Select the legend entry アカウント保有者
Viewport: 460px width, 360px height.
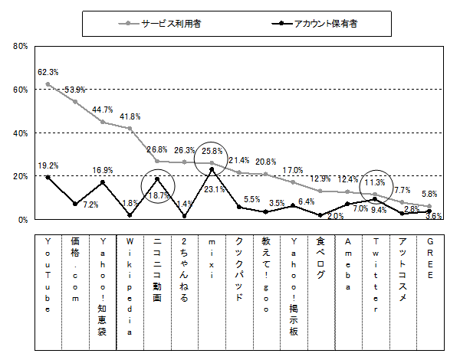(325, 24)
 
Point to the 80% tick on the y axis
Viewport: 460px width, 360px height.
(21, 46)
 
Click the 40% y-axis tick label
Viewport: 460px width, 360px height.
(21, 133)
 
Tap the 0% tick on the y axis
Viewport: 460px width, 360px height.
(23, 219)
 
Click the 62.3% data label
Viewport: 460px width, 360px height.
(48, 72)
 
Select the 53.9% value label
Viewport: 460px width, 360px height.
(75, 90)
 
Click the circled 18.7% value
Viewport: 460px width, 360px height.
(157, 196)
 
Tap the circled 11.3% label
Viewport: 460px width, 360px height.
(375, 183)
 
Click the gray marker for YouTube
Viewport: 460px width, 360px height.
(48, 84)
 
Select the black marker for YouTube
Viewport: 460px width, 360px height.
(48, 177)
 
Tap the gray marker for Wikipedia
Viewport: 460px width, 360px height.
(130, 129)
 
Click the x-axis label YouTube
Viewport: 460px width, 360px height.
(48, 275)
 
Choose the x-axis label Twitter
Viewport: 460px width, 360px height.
(374, 275)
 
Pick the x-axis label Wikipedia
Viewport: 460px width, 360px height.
(130, 286)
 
